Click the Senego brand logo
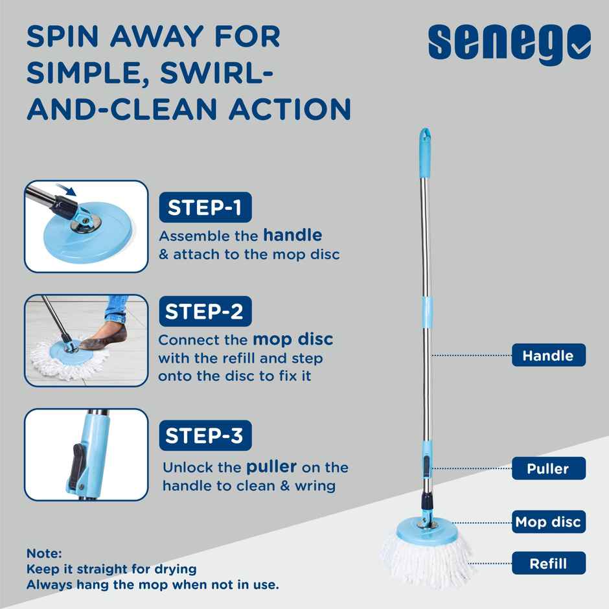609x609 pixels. point(509,43)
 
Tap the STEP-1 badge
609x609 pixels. point(204,207)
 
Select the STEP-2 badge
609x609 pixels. point(204,312)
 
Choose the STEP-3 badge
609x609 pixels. point(204,435)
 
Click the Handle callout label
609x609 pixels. point(548,356)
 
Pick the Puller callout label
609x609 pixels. point(548,468)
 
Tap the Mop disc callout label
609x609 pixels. point(548,522)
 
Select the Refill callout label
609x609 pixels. point(548,564)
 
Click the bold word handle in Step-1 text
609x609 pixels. point(292,235)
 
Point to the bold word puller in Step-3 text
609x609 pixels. point(271,466)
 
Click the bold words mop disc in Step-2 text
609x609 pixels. point(293,339)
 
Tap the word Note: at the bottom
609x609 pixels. point(44,554)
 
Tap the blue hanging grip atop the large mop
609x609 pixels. point(424,152)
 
